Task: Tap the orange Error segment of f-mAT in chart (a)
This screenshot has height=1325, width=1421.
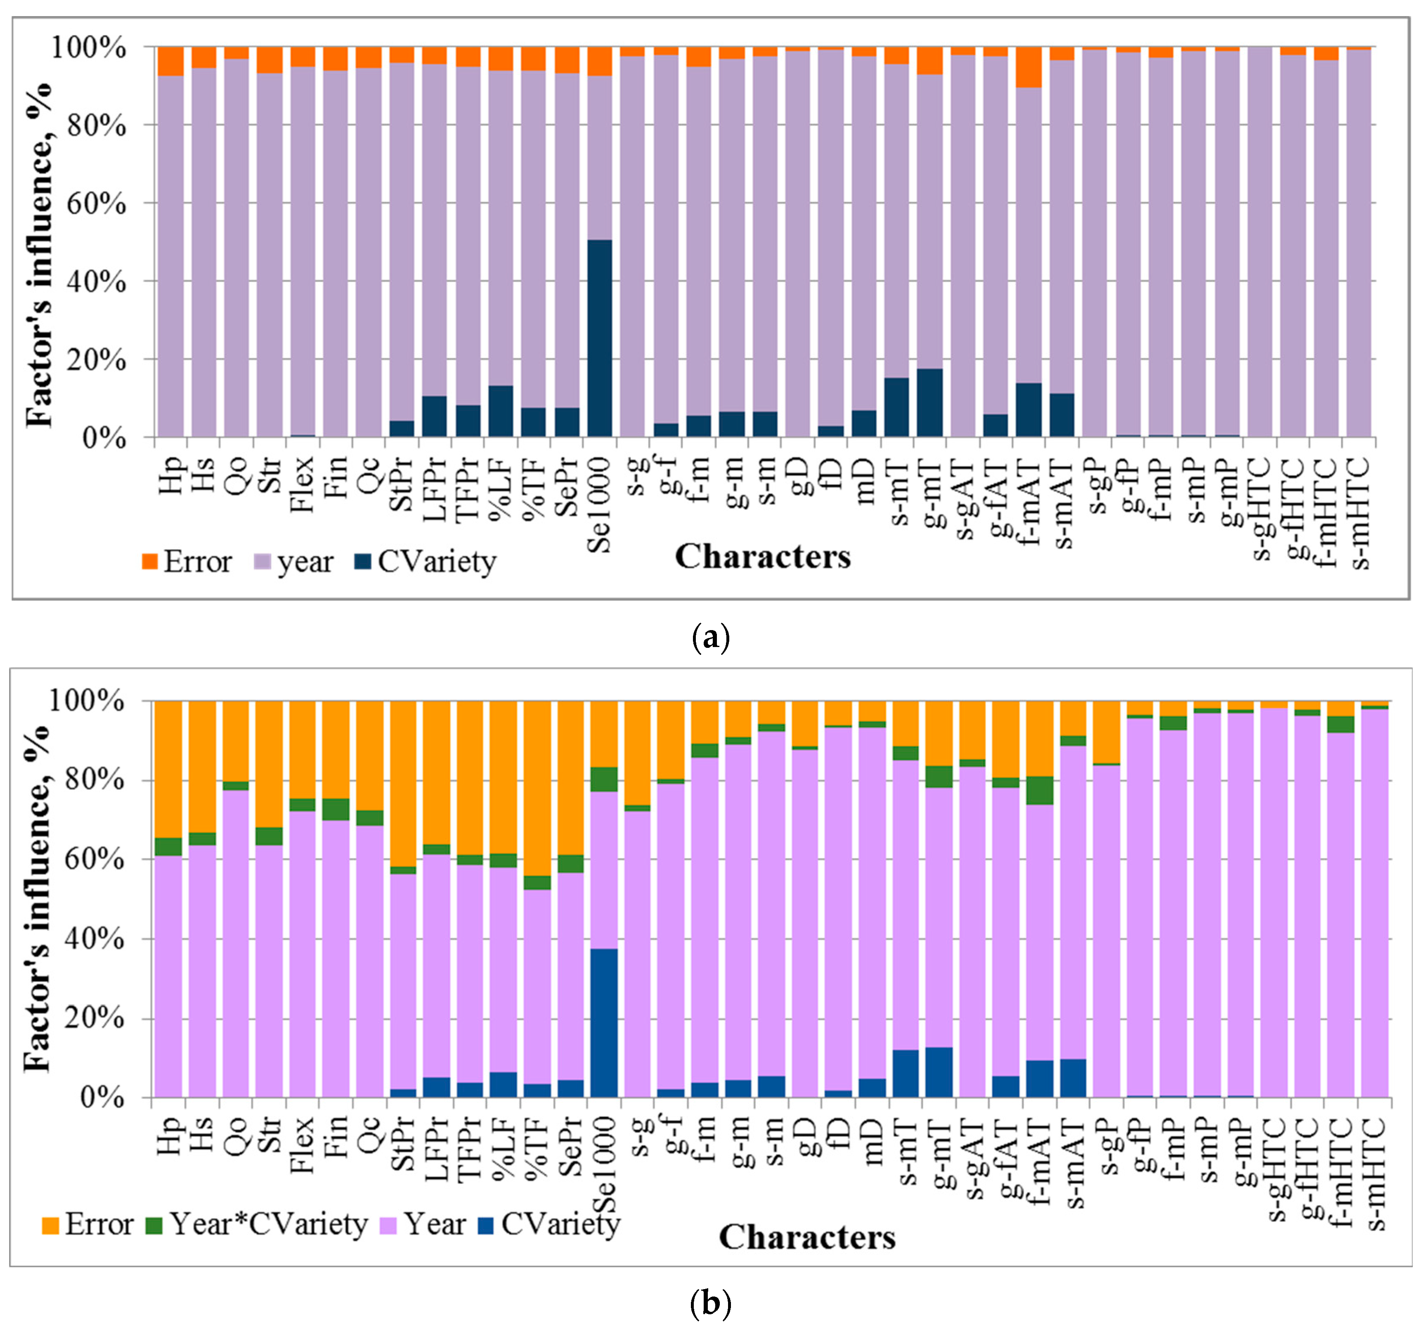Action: pos(1029,67)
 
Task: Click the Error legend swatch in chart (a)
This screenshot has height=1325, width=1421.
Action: pos(149,562)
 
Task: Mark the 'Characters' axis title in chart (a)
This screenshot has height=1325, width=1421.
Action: pos(763,557)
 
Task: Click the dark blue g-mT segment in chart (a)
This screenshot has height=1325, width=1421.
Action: pos(930,403)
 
